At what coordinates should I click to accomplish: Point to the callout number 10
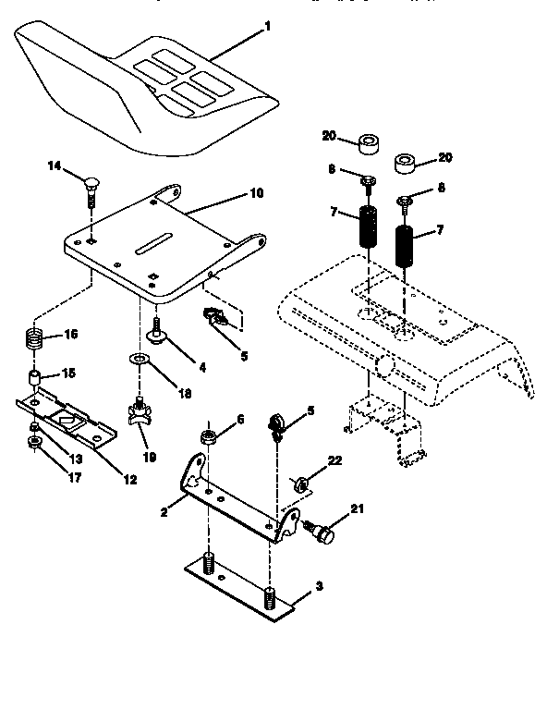pos(256,194)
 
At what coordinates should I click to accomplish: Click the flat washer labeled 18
pos(138,359)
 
